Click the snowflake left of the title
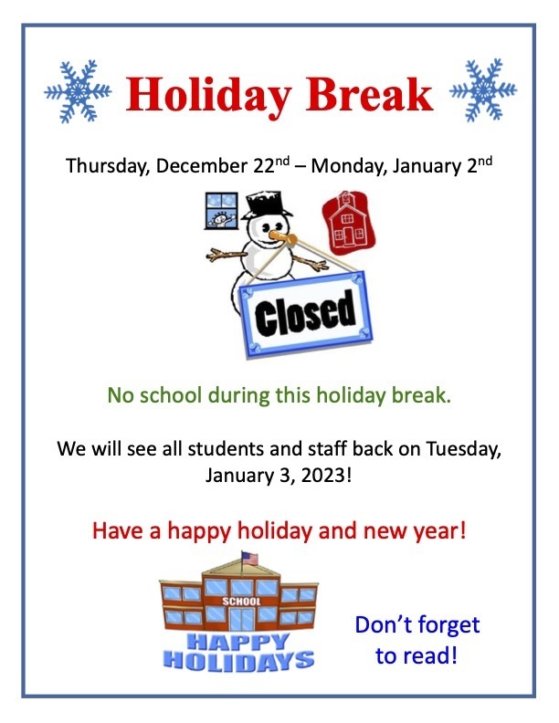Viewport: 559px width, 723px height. [x=78, y=91]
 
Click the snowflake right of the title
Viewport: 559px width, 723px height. [x=483, y=89]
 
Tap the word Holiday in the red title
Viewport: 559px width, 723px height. [x=208, y=95]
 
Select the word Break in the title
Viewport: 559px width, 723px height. [x=370, y=94]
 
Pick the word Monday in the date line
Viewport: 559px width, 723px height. [x=349, y=166]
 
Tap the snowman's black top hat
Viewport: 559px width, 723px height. [x=267, y=204]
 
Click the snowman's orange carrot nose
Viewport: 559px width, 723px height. [x=283, y=237]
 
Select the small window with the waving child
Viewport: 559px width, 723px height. [x=221, y=211]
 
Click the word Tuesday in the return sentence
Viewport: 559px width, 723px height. [x=463, y=449]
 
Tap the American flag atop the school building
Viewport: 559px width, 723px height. [x=249, y=559]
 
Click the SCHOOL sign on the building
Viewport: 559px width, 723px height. [x=241, y=602]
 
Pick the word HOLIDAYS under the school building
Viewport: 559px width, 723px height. [x=239, y=660]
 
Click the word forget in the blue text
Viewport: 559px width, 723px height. [x=448, y=626]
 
